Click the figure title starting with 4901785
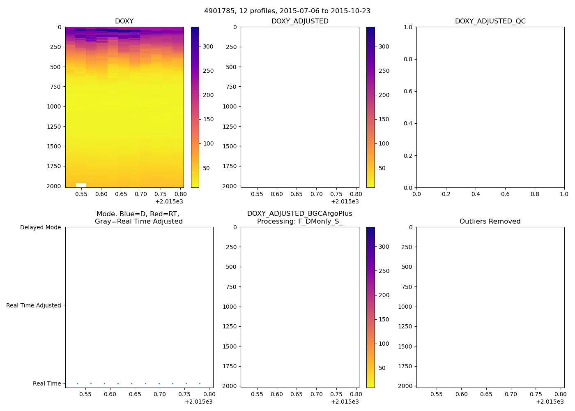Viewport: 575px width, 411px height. (287, 11)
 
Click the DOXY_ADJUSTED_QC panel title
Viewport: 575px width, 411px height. (490, 21)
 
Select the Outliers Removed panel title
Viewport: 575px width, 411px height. (490, 221)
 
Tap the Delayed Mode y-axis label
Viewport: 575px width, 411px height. (40, 227)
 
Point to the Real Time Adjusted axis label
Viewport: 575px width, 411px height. (33, 305)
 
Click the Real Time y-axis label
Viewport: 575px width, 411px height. (47, 383)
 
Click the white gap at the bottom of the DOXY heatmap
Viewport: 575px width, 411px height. (81, 185)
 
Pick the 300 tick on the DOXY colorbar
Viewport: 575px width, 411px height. (208, 46)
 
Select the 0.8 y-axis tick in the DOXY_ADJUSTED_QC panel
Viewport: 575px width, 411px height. (407, 59)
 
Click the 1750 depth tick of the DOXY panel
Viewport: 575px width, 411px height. (54, 166)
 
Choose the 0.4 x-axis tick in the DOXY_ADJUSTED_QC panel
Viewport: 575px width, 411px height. (476, 194)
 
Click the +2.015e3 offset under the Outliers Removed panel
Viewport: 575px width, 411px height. (550, 402)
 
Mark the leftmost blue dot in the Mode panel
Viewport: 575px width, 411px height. (77, 383)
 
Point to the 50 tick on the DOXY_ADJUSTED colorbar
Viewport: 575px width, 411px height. (382, 168)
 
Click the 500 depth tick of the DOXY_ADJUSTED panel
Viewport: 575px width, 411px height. (231, 67)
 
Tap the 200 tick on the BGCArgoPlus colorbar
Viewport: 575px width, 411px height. (384, 295)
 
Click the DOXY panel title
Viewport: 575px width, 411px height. (124, 21)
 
